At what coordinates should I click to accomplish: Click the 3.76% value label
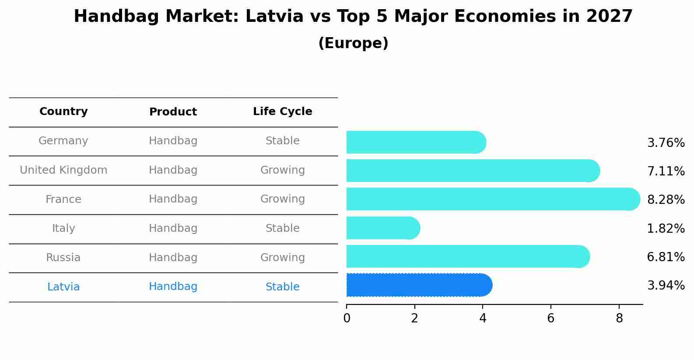[666, 143]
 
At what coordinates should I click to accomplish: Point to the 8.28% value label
[666, 200]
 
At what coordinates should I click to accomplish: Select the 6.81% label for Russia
[666, 257]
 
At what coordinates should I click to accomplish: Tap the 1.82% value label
[666, 228]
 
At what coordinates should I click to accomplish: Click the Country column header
[63, 112]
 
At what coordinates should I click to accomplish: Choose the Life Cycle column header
[282, 112]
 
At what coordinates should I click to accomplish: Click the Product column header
[173, 112]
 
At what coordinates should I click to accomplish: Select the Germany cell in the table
[63, 141]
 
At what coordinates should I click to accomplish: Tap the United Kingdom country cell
[63, 170]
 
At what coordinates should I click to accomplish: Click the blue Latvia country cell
[63, 287]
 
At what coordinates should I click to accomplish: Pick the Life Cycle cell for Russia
[282, 258]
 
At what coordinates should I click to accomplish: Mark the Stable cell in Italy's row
[282, 228]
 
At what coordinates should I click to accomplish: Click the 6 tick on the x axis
[550, 318]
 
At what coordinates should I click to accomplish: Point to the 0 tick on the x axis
[347, 318]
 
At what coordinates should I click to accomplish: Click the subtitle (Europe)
[353, 43]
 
